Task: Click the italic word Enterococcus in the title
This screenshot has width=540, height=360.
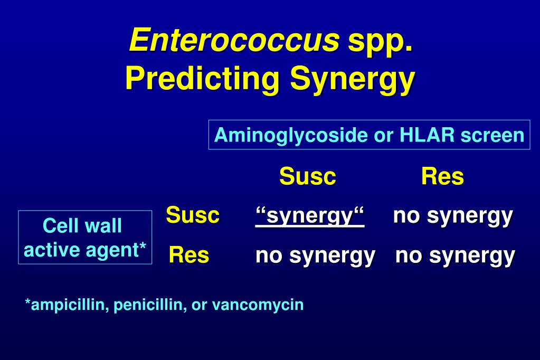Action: coord(234,40)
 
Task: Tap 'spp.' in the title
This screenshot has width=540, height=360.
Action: coord(380,41)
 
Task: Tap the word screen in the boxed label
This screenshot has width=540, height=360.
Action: coord(492,136)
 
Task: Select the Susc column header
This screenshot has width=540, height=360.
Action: coord(308,176)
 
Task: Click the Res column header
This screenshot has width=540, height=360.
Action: coord(442,176)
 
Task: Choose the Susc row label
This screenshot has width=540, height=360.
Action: coord(193,215)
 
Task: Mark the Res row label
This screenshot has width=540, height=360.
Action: coord(189,255)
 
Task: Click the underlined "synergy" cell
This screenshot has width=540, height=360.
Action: coord(310,216)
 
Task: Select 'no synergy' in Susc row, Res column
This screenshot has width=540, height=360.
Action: coord(453,215)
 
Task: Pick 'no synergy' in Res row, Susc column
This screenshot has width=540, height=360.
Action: coord(315,255)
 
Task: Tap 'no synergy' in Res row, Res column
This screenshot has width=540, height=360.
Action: coord(455,255)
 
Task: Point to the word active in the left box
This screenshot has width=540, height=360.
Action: coord(51,249)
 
